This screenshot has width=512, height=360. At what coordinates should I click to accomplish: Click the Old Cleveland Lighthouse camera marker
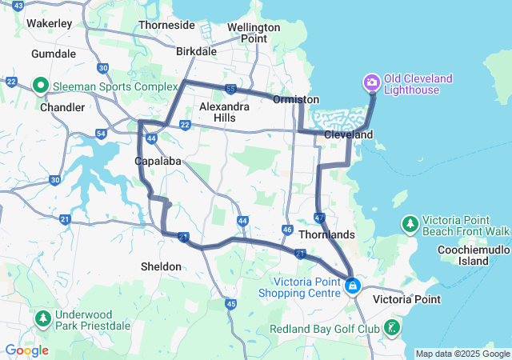pos(372,82)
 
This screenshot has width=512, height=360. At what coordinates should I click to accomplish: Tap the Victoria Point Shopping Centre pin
pos(353,286)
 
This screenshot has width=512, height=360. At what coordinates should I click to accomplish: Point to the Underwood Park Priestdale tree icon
pos(42,319)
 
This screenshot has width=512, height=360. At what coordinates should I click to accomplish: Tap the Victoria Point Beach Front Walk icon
pos(410,223)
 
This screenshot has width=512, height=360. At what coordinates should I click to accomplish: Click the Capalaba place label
pos(156,161)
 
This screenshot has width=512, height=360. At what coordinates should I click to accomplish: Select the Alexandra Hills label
pos(218,112)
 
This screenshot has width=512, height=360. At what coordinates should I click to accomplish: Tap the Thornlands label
pos(326,235)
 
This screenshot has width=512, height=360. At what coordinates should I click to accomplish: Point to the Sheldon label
pos(161,266)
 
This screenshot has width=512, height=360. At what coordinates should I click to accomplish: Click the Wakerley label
pos(50,23)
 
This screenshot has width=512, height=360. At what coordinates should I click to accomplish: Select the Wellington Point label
pos(254,33)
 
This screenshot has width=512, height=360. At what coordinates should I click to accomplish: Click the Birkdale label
pos(196,51)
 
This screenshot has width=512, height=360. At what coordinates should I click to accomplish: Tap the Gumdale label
pos(54,54)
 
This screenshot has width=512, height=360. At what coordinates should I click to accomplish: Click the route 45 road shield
pos(231,303)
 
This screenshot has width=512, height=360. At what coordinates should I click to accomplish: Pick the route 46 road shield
pos(287,230)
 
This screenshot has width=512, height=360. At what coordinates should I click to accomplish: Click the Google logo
pos(26,350)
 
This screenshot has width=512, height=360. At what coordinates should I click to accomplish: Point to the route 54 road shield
pos(101,133)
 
